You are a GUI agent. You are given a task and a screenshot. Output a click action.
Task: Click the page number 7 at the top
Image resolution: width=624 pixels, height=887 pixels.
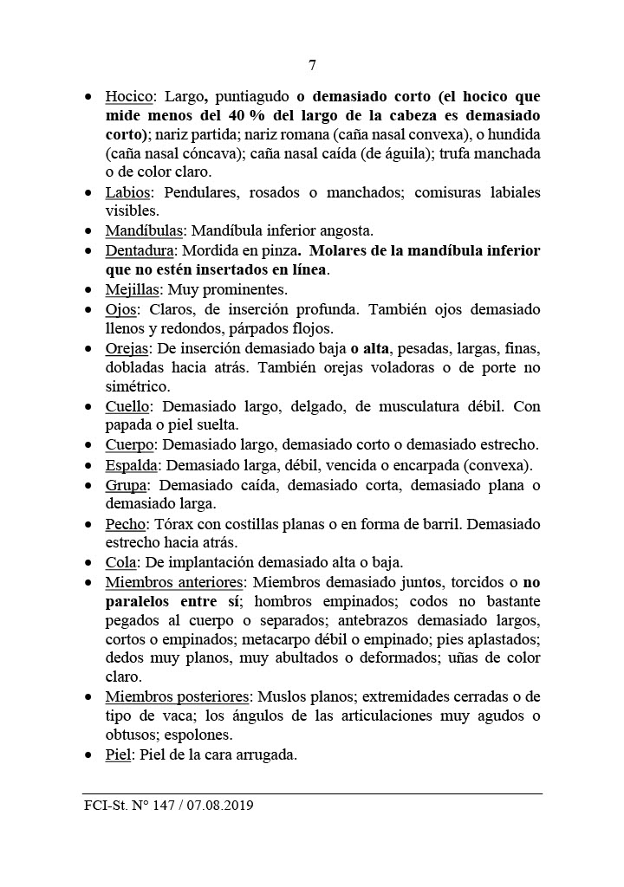pyautogui.click(x=312, y=66)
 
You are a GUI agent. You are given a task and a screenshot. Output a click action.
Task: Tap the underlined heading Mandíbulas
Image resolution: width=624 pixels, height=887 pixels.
pyautogui.click(x=144, y=231)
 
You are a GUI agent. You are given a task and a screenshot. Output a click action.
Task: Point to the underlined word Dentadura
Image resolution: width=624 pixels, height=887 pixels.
pyautogui.click(x=140, y=251)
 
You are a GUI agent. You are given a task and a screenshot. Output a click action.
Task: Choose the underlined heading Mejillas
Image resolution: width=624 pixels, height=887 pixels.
pyautogui.click(x=133, y=289)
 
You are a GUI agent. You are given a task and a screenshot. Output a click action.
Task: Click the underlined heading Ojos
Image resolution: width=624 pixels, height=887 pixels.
pyautogui.click(x=122, y=309)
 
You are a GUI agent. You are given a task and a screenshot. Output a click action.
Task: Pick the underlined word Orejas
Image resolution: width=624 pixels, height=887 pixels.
pyautogui.click(x=128, y=348)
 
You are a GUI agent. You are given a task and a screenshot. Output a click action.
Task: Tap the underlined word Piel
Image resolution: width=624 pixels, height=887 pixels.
pyautogui.click(x=118, y=754)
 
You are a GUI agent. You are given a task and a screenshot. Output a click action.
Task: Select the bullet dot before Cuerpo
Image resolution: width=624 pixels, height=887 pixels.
pyautogui.click(x=89, y=445)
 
